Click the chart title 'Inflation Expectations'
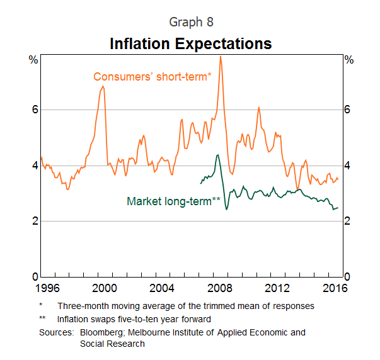[190, 44]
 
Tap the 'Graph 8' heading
[191, 22]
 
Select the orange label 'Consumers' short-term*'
[152, 77]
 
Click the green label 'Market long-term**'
[173, 201]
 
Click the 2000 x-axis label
[103, 288]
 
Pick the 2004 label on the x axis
[162, 288]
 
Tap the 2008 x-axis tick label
[220, 288]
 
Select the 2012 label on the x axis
[278, 288]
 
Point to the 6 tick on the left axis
[35, 110]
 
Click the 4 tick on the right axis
[348, 166]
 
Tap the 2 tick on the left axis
[35, 222]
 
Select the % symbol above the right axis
[349, 60]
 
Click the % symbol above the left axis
[33, 60]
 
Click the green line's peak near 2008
[217, 155]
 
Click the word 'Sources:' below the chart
[57, 332]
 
